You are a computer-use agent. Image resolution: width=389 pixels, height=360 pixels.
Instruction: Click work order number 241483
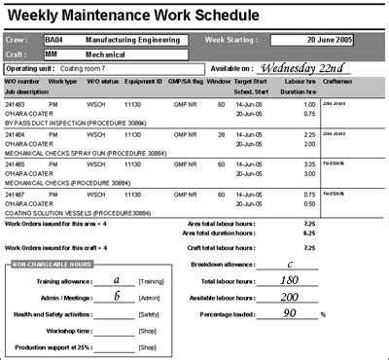[17, 103]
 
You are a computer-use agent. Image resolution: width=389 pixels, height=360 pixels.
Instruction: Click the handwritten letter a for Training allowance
[118, 278]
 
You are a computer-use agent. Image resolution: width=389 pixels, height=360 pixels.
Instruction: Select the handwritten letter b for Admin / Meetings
[118, 296]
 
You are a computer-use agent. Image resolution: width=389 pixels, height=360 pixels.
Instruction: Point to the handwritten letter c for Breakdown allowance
[291, 264]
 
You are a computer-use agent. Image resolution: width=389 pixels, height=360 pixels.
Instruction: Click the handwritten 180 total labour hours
[291, 280]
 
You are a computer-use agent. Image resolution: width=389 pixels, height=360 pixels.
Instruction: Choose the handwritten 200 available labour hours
[291, 297]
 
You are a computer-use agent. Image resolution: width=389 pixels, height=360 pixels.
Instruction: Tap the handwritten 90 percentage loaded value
[291, 314]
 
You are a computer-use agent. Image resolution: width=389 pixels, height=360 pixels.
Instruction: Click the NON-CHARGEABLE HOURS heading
[53, 263]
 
